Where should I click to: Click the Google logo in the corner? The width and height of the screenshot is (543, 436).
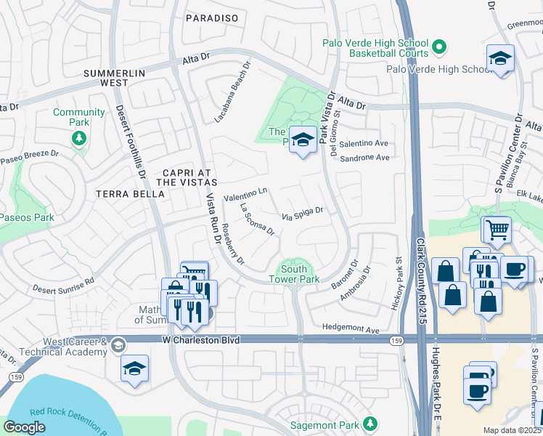click(24, 427)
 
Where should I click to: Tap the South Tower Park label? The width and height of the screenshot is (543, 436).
click(294, 273)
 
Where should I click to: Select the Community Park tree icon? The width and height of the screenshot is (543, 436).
click(79, 137)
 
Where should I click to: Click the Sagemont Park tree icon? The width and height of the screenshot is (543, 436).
click(371, 423)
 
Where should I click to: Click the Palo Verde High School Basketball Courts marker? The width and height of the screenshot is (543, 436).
click(438, 48)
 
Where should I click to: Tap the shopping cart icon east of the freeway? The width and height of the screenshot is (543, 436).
click(497, 230)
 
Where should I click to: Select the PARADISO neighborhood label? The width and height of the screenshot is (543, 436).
click(213, 17)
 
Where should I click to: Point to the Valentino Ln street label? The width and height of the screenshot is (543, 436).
click(246, 195)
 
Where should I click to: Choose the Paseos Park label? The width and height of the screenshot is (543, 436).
click(27, 217)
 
